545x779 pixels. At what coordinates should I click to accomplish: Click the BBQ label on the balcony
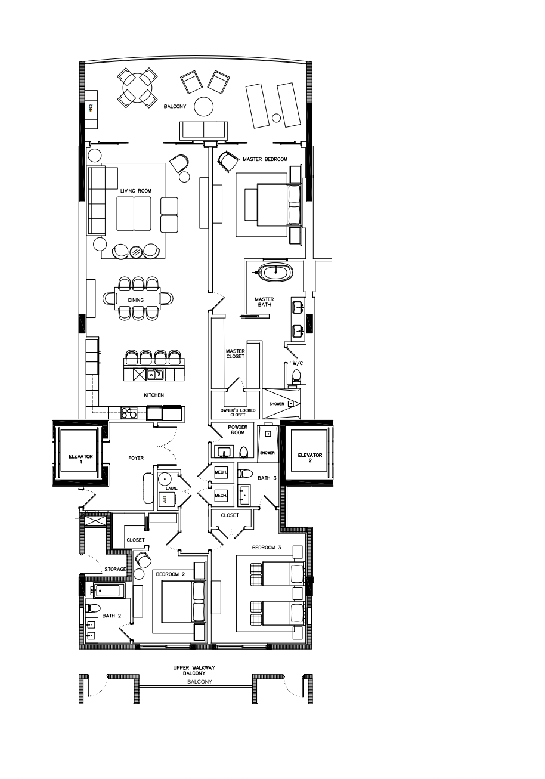tap(91, 109)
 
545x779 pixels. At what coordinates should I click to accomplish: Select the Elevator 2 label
tap(310, 457)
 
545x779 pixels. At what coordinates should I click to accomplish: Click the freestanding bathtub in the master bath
tap(276, 273)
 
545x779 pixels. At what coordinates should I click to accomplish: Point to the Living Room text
tap(136, 191)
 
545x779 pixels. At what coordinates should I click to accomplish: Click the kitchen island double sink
tap(156, 375)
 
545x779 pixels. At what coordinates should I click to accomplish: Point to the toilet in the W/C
tap(296, 376)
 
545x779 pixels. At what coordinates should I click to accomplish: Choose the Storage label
tap(116, 570)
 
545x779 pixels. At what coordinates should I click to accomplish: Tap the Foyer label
tap(136, 459)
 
